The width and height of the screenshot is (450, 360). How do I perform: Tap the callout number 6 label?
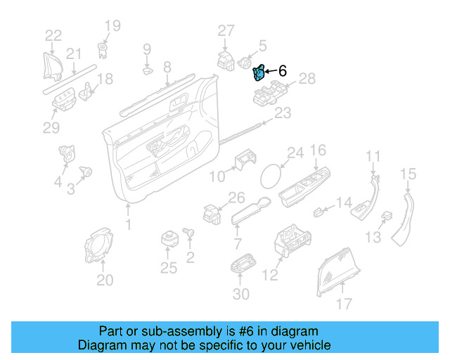pos(283,71)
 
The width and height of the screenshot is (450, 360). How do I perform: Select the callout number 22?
pos(53,36)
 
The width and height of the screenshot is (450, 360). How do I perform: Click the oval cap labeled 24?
pos(271,174)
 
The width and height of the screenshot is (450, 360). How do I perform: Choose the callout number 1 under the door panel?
pos(128,225)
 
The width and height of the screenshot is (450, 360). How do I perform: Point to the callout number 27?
pos(225,30)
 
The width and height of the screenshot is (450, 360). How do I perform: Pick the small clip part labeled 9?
pos(147,70)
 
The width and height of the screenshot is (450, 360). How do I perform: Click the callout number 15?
pos(409,174)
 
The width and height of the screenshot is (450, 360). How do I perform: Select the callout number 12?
pos(271,276)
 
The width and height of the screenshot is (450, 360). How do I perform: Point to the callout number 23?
pos(282,113)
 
